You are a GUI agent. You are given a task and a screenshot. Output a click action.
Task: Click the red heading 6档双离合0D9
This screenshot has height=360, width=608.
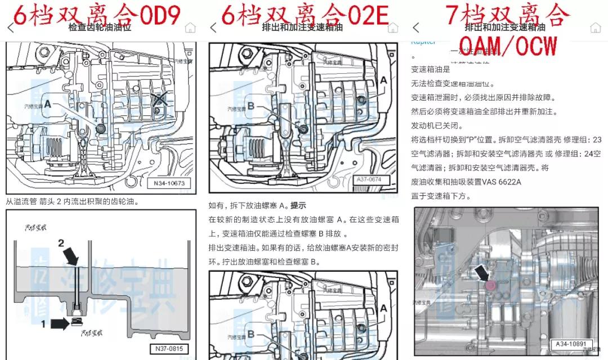[96, 15]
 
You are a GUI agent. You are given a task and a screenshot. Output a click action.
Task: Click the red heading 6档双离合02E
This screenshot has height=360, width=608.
[305, 15]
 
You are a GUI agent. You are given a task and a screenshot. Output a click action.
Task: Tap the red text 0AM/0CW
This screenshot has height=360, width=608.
[507, 44]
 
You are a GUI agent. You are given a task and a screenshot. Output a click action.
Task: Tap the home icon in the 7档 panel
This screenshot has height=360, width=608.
[595, 28]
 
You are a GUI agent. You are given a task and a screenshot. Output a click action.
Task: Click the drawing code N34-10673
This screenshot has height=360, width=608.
[169, 183]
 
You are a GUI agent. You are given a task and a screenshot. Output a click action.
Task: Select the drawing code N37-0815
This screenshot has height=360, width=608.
[169, 349]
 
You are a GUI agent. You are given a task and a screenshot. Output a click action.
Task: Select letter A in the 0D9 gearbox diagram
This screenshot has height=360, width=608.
[48, 104]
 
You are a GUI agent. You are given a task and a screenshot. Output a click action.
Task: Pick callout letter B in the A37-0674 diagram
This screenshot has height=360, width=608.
[251, 106]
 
